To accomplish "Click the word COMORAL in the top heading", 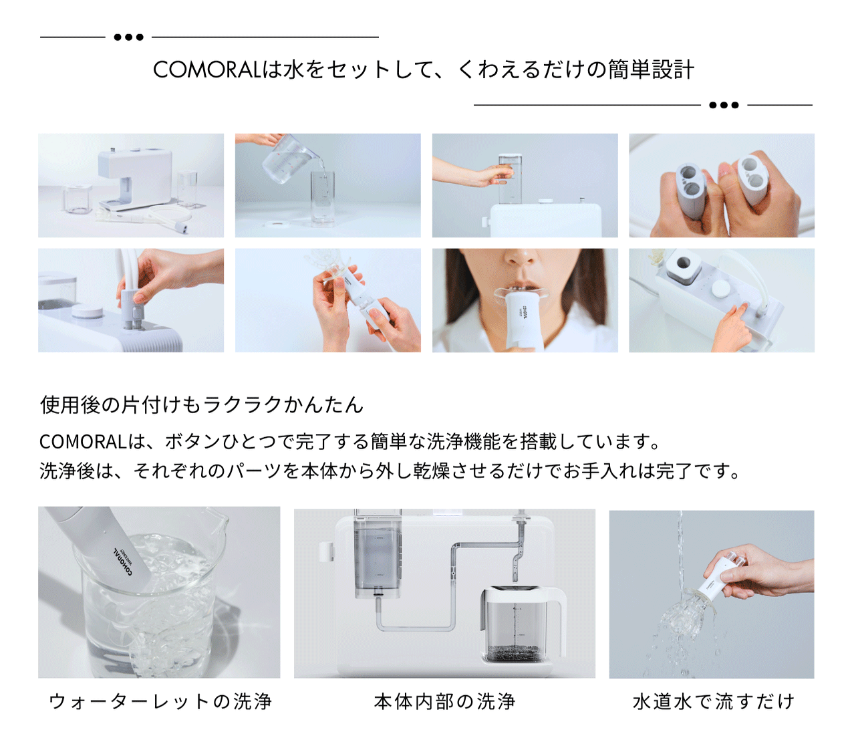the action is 207,70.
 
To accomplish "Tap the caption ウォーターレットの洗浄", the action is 160,701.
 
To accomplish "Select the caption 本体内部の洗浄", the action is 444,701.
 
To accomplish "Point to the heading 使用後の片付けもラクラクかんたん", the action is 201,404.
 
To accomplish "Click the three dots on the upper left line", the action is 128,37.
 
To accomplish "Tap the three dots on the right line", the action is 724,105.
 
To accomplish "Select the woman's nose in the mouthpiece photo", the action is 521,257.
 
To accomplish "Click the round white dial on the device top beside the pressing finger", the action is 721,287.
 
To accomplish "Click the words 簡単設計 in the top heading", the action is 651,70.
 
